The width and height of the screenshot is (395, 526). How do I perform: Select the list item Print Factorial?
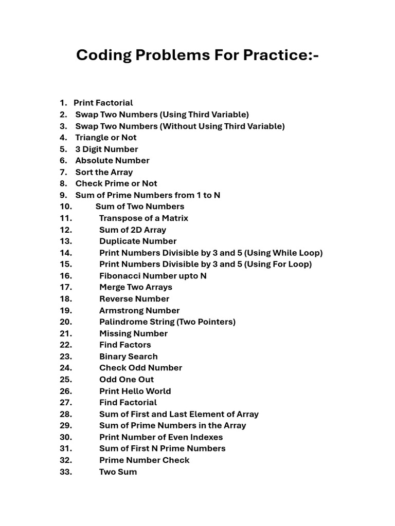tap(103, 103)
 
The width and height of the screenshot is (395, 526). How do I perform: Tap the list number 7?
tap(63, 172)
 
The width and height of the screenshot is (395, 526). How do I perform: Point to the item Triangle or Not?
tap(105, 137)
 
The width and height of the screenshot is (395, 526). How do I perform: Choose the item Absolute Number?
tap(112, 160)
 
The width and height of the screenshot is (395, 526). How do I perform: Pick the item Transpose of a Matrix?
tap(143, 218)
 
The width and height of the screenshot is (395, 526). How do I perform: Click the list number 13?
tap(66, 241)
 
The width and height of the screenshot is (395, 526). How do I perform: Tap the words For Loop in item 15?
tap(292, 264)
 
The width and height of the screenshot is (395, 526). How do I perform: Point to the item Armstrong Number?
tap(139, 310)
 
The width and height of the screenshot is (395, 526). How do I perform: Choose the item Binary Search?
tap(128, 356)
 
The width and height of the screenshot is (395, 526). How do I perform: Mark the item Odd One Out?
tap(127, 379)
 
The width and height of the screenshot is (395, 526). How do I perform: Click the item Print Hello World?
tap(135, 391)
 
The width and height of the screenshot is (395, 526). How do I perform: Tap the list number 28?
tap(66, 414)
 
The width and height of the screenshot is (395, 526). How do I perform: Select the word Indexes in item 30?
tap(206, 437)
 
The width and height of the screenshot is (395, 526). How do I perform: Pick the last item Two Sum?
tap(118, 472)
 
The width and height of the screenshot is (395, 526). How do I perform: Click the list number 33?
tap(66, 472)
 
